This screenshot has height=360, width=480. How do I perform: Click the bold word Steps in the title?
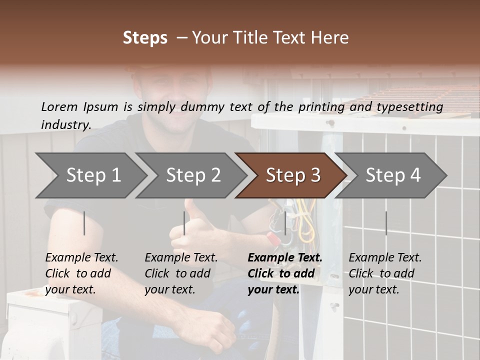(145, 38)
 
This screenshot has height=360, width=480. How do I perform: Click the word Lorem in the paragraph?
(59, 106)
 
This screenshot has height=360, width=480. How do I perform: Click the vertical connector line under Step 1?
(84, 223)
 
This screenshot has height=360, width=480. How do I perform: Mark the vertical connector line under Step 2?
(184, 223)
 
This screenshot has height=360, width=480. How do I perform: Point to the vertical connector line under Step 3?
(285, 223)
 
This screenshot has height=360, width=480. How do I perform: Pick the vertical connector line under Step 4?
(386, 223)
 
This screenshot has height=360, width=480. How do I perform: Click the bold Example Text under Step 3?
(285, 258)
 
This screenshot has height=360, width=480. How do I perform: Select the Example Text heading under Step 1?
(82, 258)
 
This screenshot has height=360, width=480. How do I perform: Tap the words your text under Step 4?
(374, 290)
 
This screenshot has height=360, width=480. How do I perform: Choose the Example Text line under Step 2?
(181, 258)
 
